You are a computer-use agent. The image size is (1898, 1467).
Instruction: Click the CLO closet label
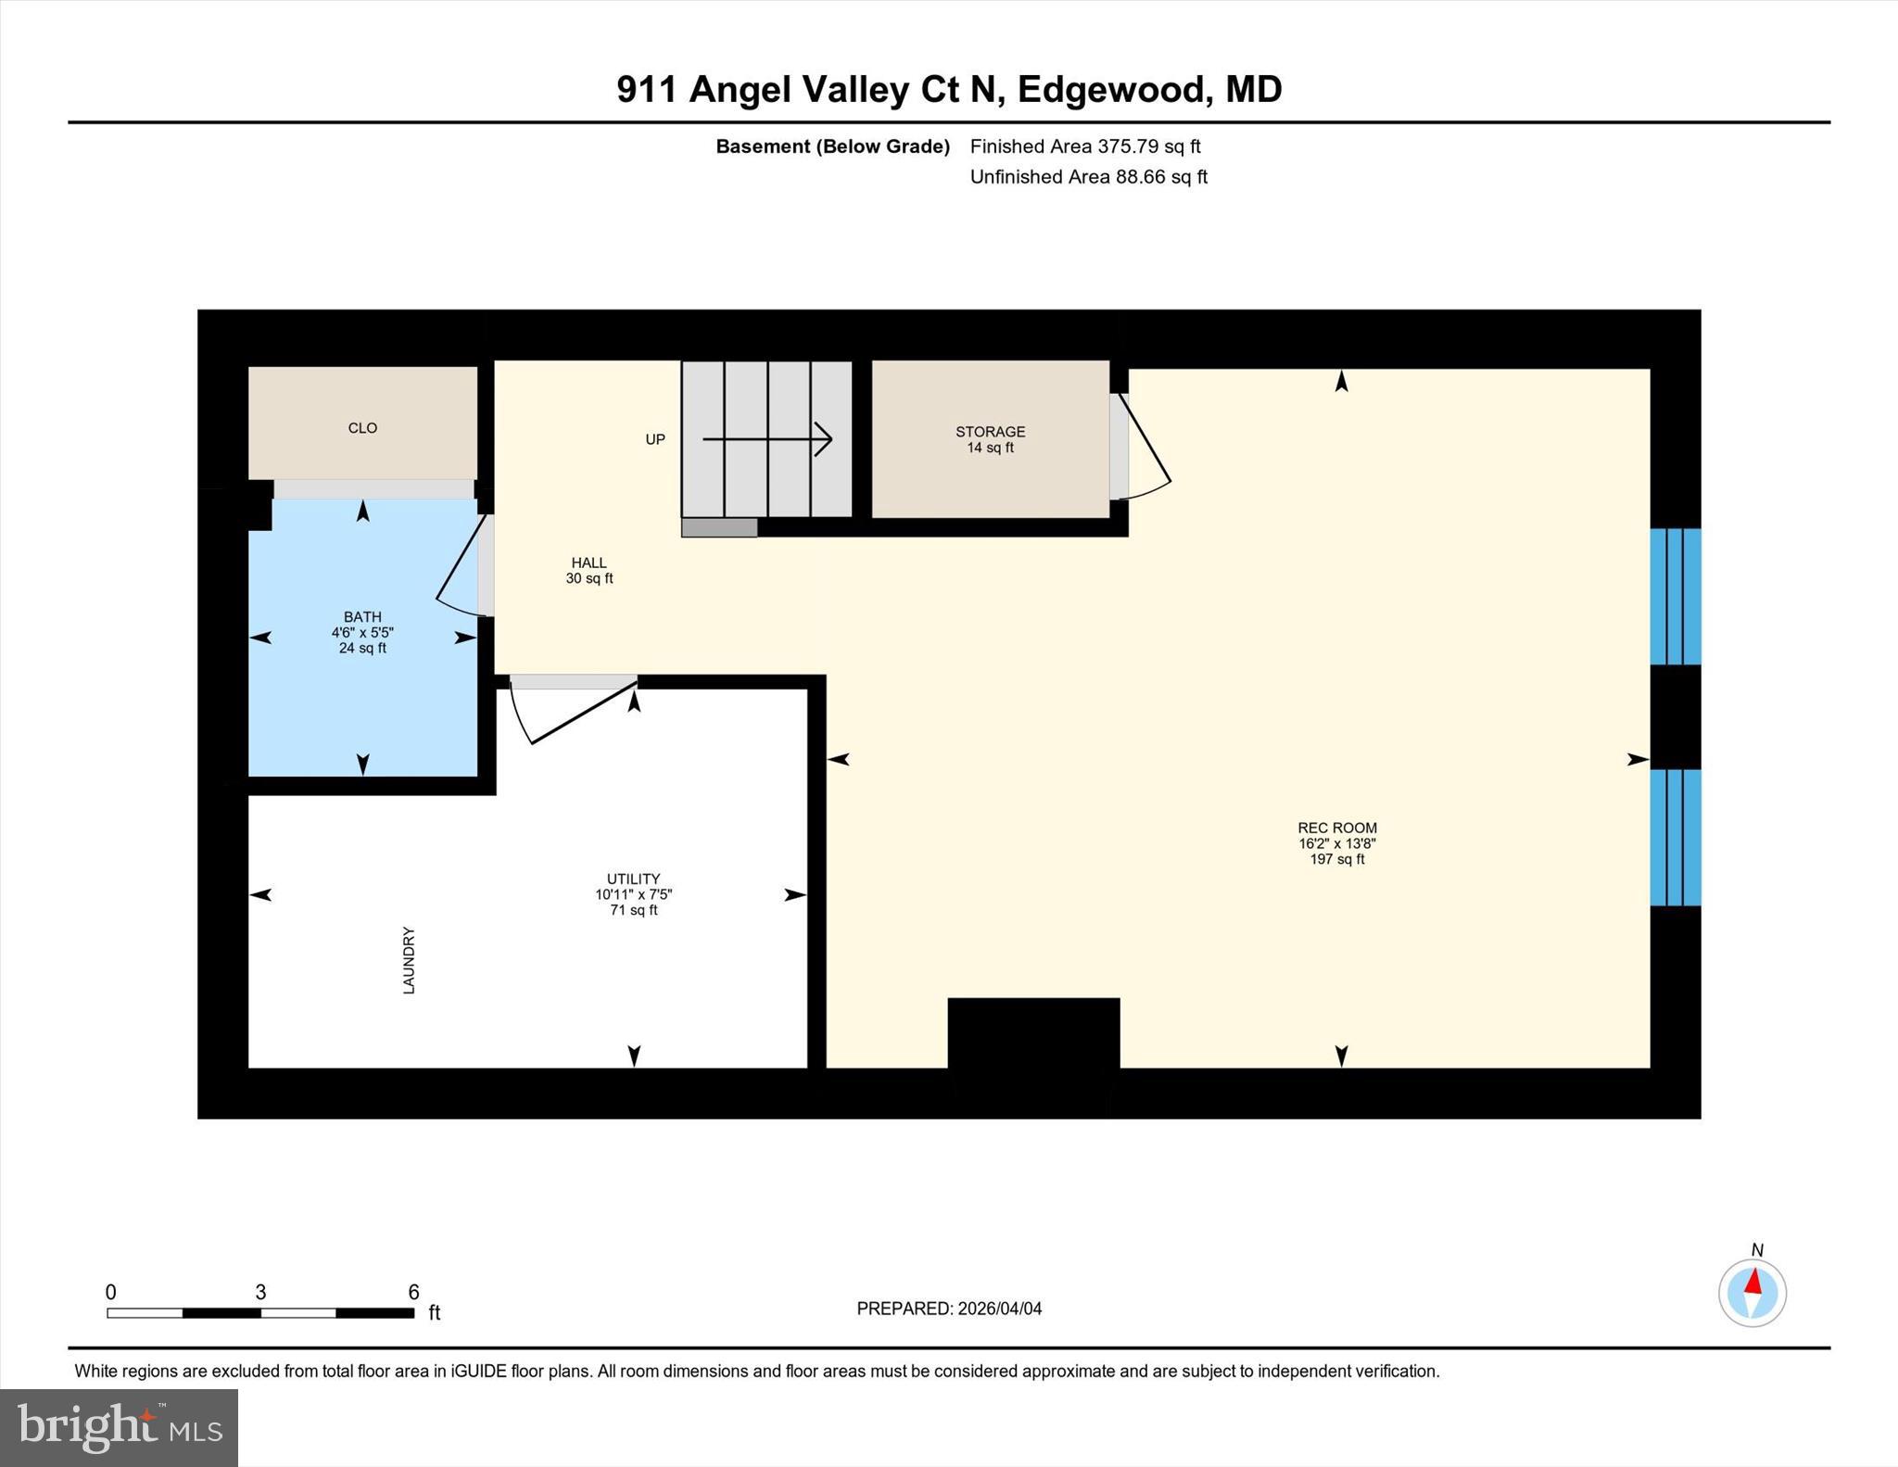click(362, 428)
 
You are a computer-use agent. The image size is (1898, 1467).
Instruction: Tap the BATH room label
click(362, 617)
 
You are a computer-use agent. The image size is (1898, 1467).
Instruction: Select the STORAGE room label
click(990, 432)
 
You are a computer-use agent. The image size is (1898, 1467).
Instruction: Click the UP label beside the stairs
click(655, 439)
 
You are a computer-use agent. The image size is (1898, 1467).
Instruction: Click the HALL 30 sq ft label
click(589, 577)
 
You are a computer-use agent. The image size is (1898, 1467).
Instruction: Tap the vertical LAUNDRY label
click(409, 960)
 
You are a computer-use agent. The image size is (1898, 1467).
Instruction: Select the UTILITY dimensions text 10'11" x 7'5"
click(633, 895)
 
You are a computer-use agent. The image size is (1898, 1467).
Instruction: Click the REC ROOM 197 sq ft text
click(1337, 859)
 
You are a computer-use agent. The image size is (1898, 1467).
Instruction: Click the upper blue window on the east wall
click(1675, 597)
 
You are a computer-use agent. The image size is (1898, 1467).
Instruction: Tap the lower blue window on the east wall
click(1675, 837)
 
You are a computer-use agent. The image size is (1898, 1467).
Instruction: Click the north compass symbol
click(1752, 1292)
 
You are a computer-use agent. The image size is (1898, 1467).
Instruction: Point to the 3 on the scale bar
click(260, 1292)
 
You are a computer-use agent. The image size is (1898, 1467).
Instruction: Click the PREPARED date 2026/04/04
click(999, 1309)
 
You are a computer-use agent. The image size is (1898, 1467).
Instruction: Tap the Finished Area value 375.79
click(1128, 146)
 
